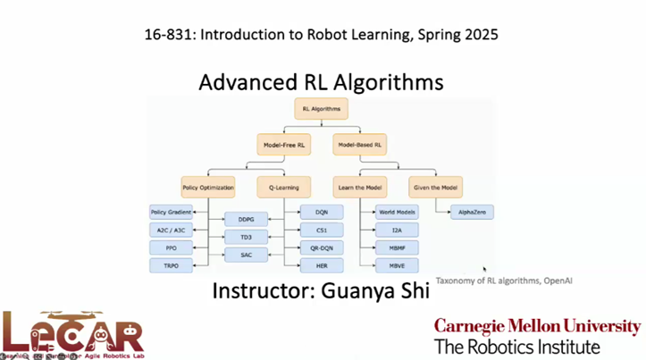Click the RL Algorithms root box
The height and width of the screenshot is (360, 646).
click(x=320, y=109)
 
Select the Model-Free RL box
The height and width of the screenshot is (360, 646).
click(x=284, y=144)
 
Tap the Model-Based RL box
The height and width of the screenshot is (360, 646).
click(x=360, y=144)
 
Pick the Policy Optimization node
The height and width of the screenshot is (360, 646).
click(x=208, y=188)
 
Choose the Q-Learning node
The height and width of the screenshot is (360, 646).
click(x=283, y=188)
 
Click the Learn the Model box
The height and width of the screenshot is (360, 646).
click(x=360, y=188)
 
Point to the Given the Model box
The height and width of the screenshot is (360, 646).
click(x=436, y=188)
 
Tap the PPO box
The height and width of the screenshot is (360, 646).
click(x=172, y=247)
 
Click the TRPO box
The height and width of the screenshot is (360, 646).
click(x=172, y=265)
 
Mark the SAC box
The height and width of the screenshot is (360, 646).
click(x=246, y=255)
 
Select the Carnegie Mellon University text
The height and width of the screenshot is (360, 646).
click(x=537, y=326)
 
